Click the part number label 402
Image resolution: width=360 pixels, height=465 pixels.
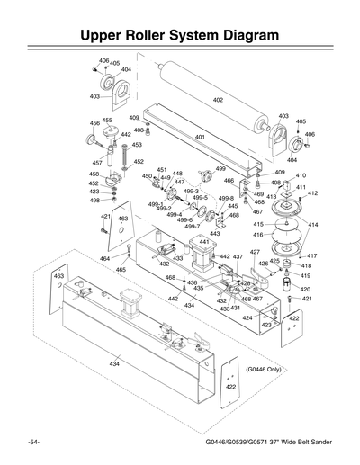click(218, 100)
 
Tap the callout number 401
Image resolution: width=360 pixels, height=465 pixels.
click(200, 137)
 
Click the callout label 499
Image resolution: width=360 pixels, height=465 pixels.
click(220, 168)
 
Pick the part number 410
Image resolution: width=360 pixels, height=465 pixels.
click(301, 175)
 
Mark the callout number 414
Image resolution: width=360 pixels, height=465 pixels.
click(313, 224)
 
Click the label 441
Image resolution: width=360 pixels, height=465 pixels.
click(203, 241)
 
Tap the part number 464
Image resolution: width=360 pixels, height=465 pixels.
click(104, 259)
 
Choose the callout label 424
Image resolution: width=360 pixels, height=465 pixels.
click(247, 317)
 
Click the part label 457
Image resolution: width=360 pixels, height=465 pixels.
click(95, 163)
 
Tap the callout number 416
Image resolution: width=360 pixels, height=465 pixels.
click(257, 234)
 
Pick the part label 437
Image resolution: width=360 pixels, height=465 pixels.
click(238, 256)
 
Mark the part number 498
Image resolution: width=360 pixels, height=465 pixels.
click(94, 201)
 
